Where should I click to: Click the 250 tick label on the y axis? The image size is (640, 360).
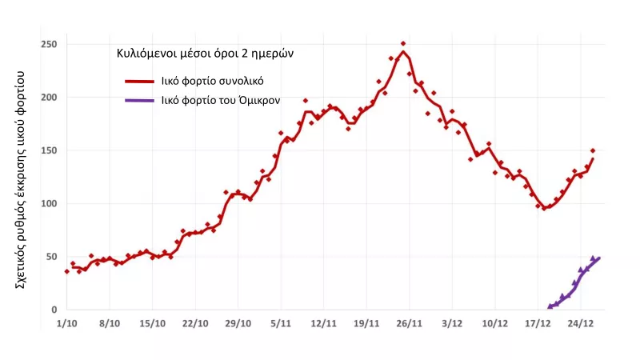pos(50,44)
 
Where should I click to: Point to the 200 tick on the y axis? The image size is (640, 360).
pos(50,97)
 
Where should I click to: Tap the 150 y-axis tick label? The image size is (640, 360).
pos(50,150)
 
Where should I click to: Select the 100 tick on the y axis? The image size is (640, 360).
pos(50,203)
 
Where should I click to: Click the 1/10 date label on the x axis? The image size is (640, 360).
pos(66,324)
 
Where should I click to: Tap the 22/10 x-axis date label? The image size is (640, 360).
pos(195,324)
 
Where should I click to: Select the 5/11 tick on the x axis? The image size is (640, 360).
pos(281,324)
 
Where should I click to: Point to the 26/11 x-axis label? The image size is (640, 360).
pos(409,324)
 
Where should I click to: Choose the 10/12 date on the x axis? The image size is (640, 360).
pos(495,324)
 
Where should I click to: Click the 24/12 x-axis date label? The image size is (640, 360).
pos(581,324)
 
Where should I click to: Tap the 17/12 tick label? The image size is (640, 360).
pos(538,324)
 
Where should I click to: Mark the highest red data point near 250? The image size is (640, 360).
pos(403,44)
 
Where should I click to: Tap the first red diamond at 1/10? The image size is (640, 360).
pos(66,272)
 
